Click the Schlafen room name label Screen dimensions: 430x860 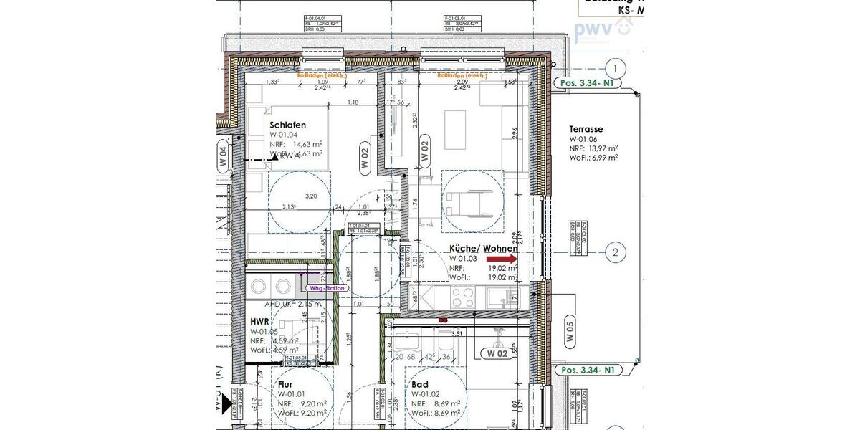click(287, 125)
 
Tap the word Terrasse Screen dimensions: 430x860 click(587, 129)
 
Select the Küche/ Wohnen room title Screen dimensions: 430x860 click(487, 249)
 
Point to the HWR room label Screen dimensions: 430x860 click(260, 322)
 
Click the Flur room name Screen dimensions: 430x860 click(285, 384)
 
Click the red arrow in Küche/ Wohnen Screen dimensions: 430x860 click(502, 259)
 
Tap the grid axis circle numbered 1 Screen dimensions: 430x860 click(615, 69)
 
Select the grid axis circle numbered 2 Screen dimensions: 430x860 click(615, 252)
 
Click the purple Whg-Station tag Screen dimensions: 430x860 click(327, 288)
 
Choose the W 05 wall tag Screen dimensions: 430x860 click(570, 333)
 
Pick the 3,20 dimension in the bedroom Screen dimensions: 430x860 click(310, 196)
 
